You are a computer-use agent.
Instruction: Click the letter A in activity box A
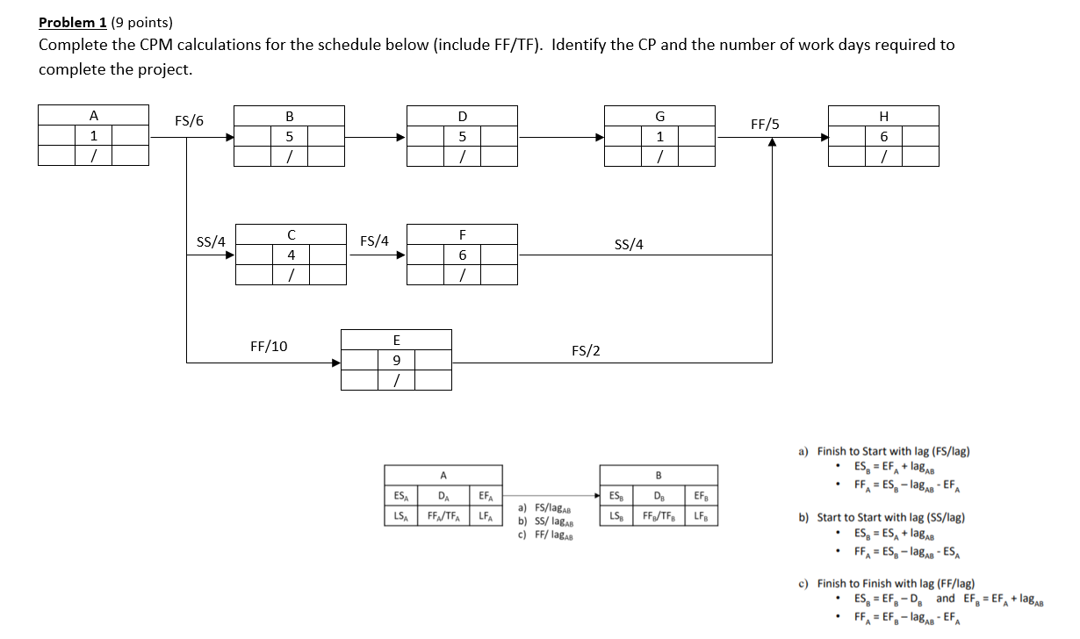pyautogui.click(x=94, y=116)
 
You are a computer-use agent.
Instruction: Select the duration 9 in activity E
pyautogui.click(x=396, y=359)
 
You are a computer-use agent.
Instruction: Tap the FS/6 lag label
pyautogui.click(x=189, y=121)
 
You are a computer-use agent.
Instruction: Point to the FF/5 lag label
pyautogui.click(x=765, y=125)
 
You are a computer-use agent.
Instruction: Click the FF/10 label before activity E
pyautogui.click(x=269, y=346)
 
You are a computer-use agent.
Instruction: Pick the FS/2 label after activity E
pyautogui.click(x=586, y=351)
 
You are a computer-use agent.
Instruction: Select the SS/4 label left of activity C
pyautogui.click(x=211, y=241)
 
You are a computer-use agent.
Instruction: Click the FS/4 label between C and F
pyautogui.click(x=375, y=241)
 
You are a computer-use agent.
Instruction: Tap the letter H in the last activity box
pyautogui.click(x=884, y=116)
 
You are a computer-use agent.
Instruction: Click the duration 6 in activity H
pyautogui.click(x=884, y=136)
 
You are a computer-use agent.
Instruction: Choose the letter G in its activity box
pyautogui.click(x=660, y=116)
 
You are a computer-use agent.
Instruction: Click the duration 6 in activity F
pyautogui.click(x=463, y=255)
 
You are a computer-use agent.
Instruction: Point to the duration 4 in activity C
pyautogui.click(x=291, y=255)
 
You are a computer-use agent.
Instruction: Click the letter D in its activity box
pyautogui.click(x=463, y=116)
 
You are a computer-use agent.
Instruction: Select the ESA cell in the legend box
pyautogui.click(x=400, y=496)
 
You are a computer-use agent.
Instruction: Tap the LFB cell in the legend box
pyautogui.click(x=700, y=515)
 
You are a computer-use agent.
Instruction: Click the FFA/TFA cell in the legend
pyautogui.click(x=443, y=515)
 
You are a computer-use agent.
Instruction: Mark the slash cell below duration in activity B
pyautogui.click(x=291, y=156)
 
